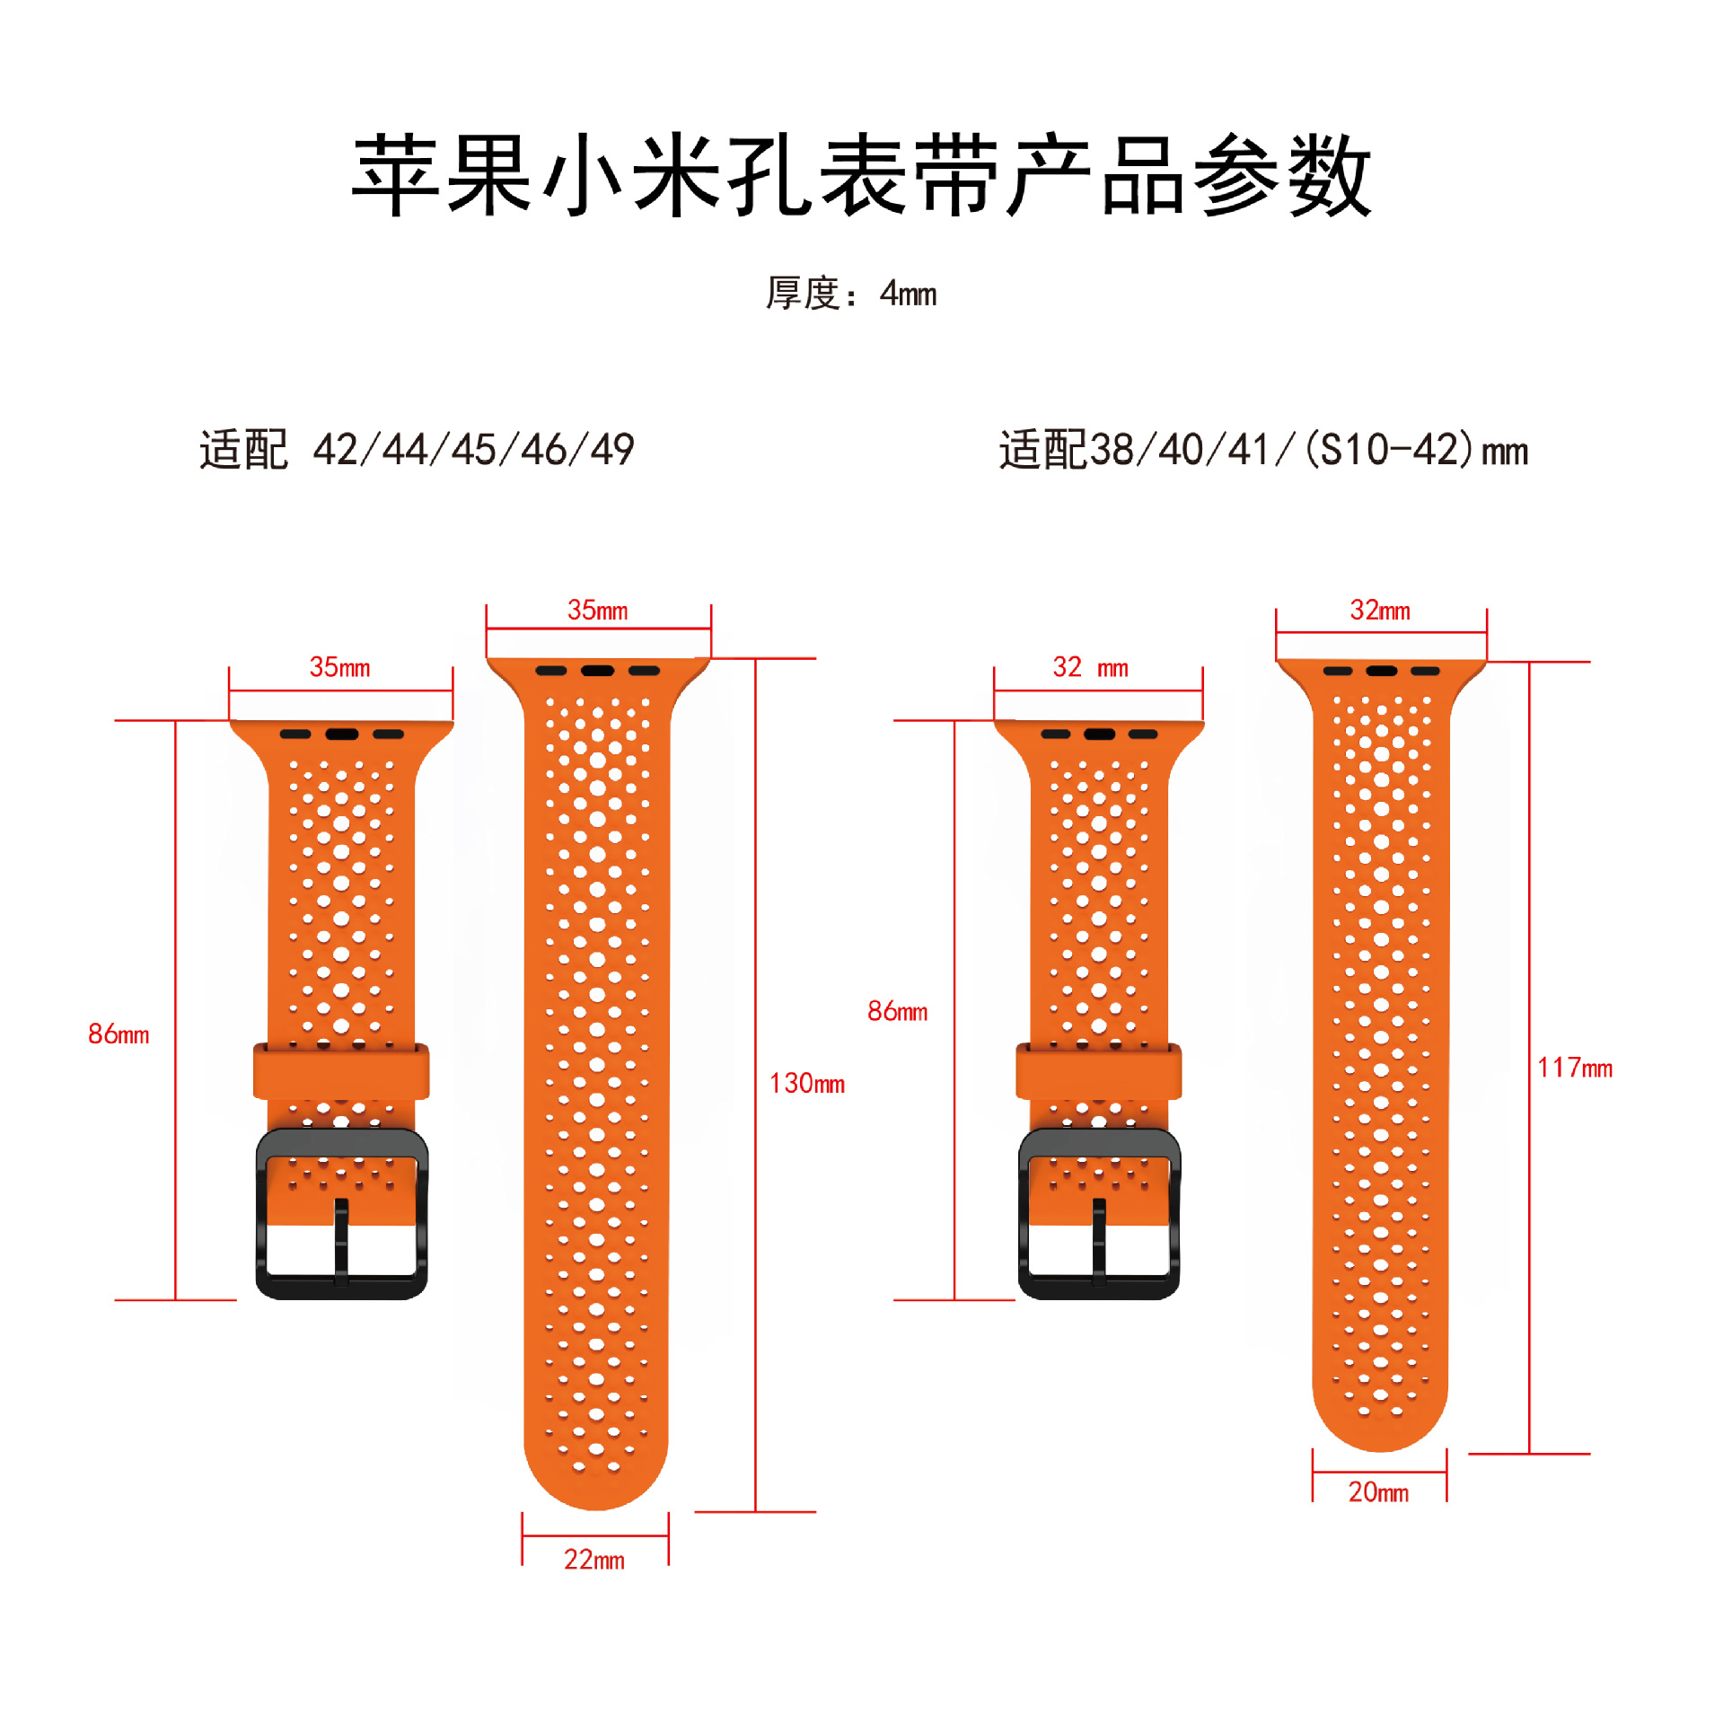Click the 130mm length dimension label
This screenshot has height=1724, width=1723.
[x=806, y=1083]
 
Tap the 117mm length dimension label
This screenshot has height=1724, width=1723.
[x=1574, y=1068]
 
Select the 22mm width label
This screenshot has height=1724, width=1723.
[x=593, y=1560]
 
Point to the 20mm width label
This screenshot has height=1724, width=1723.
[x=1377, y=1492]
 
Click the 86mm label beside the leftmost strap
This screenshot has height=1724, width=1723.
[x=119, y=1034]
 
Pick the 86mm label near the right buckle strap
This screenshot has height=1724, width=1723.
[x=897, y=1011]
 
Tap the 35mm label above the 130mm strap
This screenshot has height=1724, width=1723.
[x=597, y=611]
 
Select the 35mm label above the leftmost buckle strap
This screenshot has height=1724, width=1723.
[x=339, y=667]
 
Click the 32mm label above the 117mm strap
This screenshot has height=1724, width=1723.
[x=1380, y=611]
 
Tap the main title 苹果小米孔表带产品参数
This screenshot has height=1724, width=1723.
[x=861, y=175]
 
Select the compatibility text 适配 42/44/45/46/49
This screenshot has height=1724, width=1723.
[x=417, y=449]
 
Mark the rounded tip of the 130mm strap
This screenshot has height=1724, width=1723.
[x=595, y=1482]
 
